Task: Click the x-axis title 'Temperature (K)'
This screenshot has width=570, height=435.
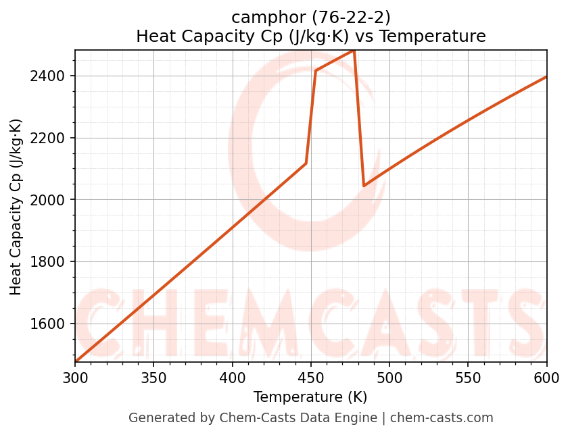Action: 310,397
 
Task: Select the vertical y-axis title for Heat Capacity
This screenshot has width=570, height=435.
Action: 16,207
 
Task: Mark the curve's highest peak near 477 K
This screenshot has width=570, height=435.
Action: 354,51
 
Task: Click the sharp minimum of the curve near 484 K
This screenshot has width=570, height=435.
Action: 364,185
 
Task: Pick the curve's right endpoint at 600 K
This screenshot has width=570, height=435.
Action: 546,76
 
